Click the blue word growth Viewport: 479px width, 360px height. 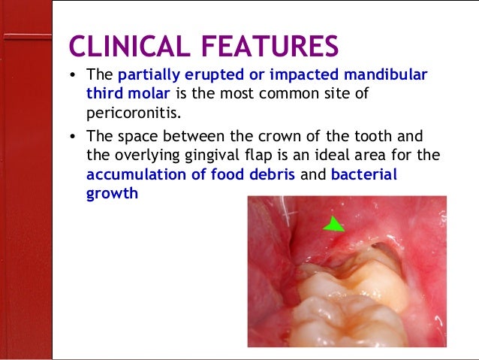[x=112, y=192]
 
